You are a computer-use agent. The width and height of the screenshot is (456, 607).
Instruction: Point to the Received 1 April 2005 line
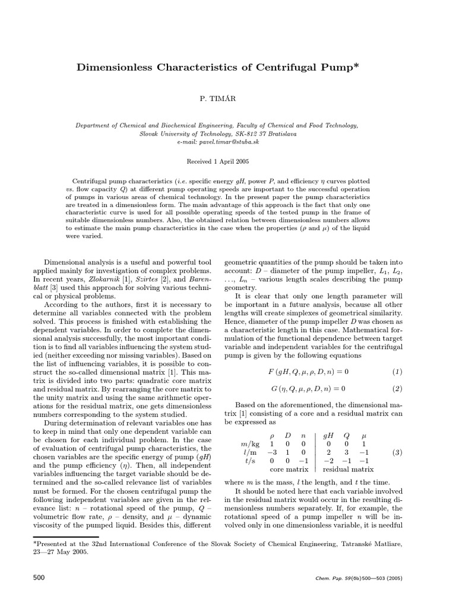pos(217,161)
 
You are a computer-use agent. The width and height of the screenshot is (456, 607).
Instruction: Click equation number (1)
pos(397,372)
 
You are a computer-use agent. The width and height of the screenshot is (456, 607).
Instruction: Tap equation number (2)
pos(397,389)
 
